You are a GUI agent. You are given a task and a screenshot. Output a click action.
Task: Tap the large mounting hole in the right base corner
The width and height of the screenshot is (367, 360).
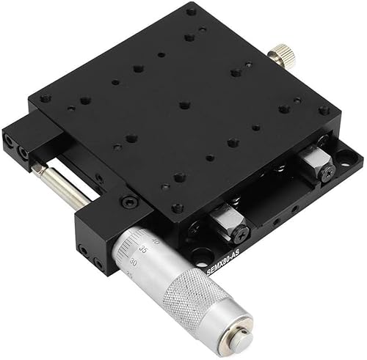pyautogui.click(x=342, y=155)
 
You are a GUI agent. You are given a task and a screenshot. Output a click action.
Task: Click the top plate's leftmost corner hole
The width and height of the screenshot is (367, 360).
pyautogui.click(x=46, y=98)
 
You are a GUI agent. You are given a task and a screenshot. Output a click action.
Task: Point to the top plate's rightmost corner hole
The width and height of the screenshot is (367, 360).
pyautogui.click(x=323, y=110)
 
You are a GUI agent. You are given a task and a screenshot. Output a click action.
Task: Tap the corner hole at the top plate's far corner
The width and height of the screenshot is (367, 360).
pyautogui.click(x=191, y=12)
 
